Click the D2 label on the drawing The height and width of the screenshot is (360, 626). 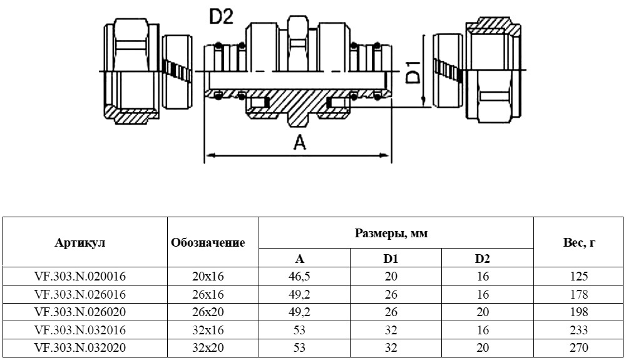(221, 17)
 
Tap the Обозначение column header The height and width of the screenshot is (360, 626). (208, 243)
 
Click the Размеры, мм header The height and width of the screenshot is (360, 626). (391, 234)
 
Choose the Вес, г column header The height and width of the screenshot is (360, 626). (579, 243)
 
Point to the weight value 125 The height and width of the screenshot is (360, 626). (579, 275)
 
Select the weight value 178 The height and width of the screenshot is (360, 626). (579, 294)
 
